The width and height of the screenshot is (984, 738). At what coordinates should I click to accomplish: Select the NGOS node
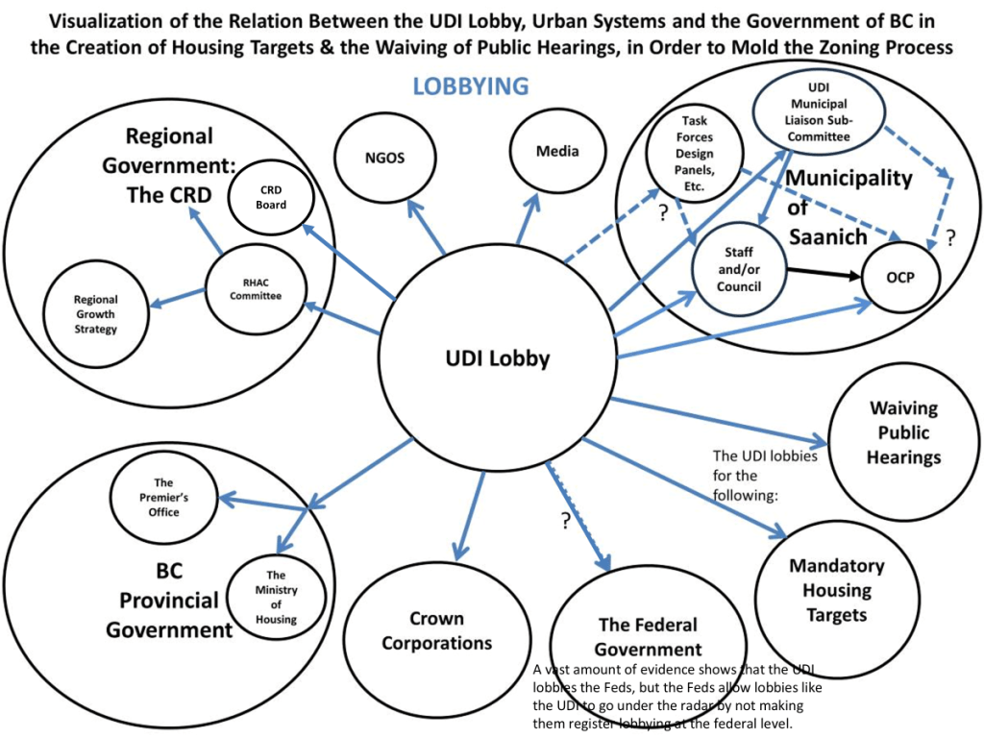coord(384,158)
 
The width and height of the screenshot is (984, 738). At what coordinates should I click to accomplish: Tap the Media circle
coord(557,151)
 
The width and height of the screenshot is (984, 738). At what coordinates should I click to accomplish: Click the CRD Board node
coord(271,197)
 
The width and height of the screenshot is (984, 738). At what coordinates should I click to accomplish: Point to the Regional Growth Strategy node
coord(95,314)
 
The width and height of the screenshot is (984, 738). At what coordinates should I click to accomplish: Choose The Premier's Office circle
coord(163,497)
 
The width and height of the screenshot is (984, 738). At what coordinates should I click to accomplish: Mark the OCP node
coord(900,278)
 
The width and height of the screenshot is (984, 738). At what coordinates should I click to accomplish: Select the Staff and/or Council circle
coord(739,270)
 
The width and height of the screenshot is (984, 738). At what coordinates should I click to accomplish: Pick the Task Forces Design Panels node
coord(695,154)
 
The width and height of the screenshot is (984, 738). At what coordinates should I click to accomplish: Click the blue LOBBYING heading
coord(470,86)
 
